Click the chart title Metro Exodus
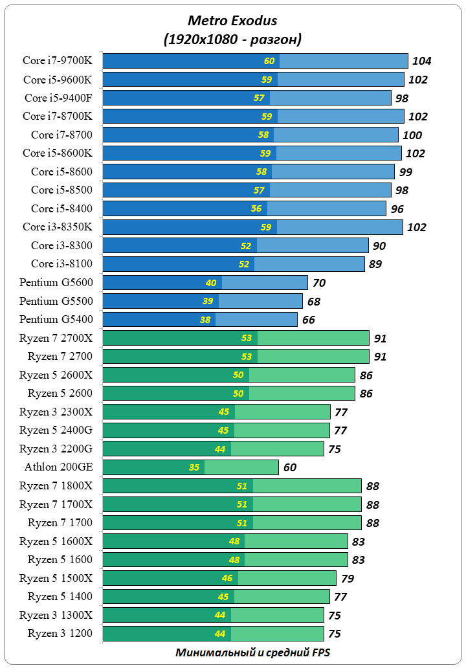click(232, 21)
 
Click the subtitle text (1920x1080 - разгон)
click(232, 39)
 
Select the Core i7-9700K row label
click(58, 61)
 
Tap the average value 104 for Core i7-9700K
click(421, 61)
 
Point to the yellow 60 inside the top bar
click(269, 61)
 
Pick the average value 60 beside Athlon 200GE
click(291, 467)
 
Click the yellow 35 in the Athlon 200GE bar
click(194, 467)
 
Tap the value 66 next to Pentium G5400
click(309, 320)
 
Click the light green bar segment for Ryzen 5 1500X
click(287, 578)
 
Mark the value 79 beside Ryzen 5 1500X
click(348, 579)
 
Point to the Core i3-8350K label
click(58, 227)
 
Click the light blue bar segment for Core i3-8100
click(309, 264)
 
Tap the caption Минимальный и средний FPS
click(252, 652)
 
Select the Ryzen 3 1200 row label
click(60, 633)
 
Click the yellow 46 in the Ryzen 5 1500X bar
click(227, 578)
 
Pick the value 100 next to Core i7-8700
click(412, 135)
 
